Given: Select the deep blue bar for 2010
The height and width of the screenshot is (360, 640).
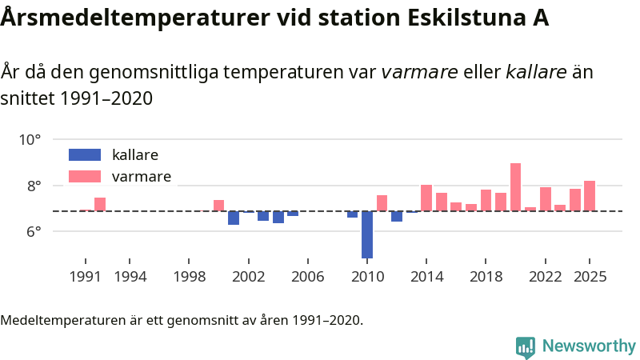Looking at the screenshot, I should pyautogui.click(x=367, y=234).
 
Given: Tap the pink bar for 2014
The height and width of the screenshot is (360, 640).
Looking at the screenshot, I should pyautogui.click(x=426, y=198).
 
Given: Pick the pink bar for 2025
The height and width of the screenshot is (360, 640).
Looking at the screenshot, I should pyautogui.click(x=590, y=196).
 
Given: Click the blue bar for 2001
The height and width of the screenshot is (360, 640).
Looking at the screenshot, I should pyautogui.click(x=234, y=218).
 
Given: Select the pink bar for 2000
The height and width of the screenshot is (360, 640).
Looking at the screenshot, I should pyautogui.click(x=218, y=206).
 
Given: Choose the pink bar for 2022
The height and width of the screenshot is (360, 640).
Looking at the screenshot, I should pyautogui.click(x=546, y=199).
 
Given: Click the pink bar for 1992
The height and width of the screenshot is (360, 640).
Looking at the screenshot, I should pyautogui.click(x=100, y=204).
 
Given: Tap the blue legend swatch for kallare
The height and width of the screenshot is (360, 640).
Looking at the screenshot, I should pyautogui.click(x=85, y=154).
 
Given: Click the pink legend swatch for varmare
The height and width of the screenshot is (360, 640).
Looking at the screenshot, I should pyautogui.click(x=85, y=176).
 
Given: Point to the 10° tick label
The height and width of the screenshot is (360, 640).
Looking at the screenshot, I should pyautogui.click(x=30, y=140).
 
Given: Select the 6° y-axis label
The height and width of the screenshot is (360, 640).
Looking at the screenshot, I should pyautogui.click(x=33, y=232).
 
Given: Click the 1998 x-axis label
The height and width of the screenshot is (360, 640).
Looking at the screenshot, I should pyautogui.click(x=189, y=277).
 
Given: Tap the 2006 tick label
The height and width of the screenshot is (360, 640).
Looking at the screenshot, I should pyautogui.click(x=308, y=277).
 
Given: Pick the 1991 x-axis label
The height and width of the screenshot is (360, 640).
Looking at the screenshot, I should pyautogui.click(x=86, y=277).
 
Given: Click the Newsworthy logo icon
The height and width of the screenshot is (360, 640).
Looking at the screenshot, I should pyautogui.click(x=526, y=346).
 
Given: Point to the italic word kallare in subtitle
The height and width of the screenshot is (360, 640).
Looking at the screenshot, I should pyautogui.click(x=537, y=73).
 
